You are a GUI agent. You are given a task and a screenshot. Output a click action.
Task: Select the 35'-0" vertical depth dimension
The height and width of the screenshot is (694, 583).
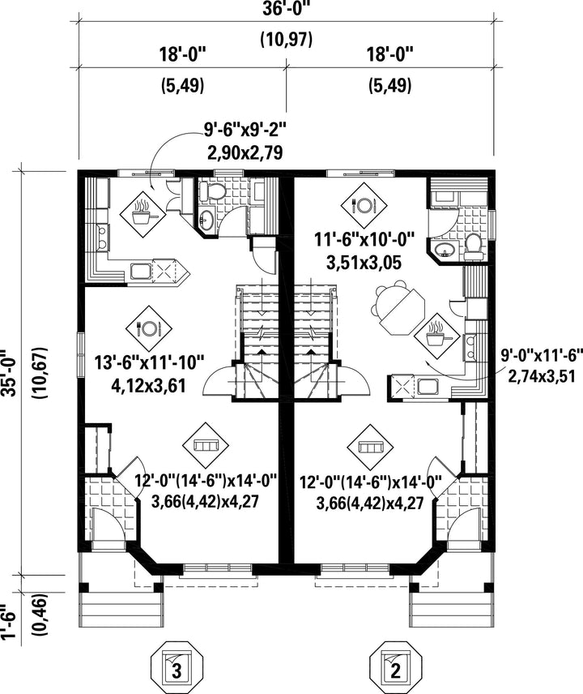[10, 374]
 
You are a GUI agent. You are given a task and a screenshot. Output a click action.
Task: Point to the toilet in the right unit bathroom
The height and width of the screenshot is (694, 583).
[474, 246]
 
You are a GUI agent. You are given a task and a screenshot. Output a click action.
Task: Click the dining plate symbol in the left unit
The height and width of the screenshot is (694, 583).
[148, 328]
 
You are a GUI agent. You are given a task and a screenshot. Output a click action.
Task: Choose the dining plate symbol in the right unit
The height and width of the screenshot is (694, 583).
[364, 205]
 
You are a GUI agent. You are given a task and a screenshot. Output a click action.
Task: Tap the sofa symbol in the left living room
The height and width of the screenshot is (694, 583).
[205, 444]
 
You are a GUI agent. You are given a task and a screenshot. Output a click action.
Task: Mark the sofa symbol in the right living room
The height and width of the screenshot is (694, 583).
[370, 448]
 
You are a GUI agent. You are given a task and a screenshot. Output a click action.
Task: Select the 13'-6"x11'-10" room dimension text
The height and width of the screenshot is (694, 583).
[149, 363]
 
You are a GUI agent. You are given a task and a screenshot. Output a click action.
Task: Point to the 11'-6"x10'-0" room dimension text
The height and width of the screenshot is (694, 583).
[364, 241]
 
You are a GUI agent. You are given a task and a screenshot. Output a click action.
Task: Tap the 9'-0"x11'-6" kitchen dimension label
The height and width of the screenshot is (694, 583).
[542, 354]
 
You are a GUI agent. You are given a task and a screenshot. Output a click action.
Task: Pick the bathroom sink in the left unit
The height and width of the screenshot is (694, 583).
[206, 218]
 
